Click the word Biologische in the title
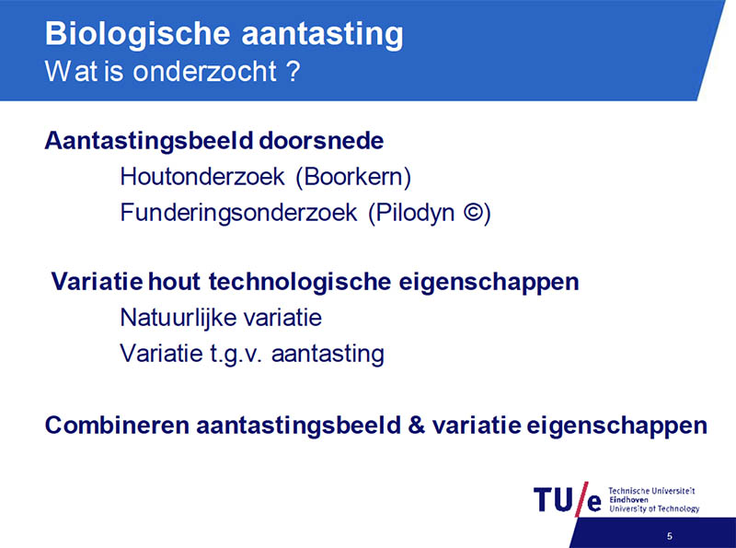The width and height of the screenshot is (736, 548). point(137,35)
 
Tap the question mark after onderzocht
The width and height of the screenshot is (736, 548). point(293,72)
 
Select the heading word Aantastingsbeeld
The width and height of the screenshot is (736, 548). point(150,142)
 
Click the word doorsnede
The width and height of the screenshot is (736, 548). point(321,141)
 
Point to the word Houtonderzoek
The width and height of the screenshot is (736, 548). point(202,177)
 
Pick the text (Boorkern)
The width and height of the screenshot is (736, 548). point(353,178)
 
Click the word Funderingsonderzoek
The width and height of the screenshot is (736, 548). point(238,213)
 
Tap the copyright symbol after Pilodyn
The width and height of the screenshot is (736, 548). point(474,212)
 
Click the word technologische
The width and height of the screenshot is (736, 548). point(300,282)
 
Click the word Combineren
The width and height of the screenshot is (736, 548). point(118,425)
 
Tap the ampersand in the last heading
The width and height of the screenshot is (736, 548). point(417,425)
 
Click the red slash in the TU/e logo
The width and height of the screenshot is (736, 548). point(581,499)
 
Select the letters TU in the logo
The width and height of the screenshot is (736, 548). point(553,499)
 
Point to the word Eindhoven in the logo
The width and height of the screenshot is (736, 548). point(628,499)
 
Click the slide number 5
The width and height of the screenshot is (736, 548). point(670,536)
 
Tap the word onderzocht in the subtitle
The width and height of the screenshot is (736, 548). point(204,72)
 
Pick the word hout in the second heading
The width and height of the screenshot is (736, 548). point(174,282)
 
